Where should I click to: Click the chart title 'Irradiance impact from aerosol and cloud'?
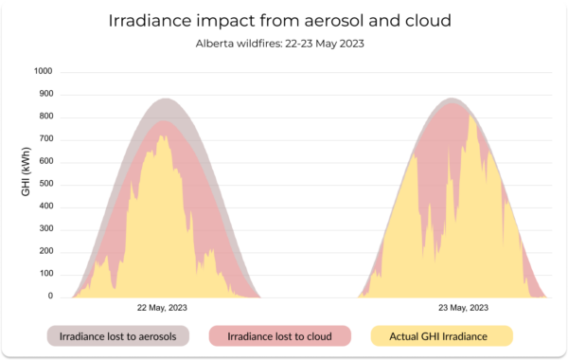[x=279, y=20]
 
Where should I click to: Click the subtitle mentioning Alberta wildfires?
[x=279, y=44]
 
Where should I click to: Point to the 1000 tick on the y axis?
[x=44, y=71]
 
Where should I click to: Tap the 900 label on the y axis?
[x=46, y=94]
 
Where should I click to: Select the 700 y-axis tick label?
[x=46, y=138]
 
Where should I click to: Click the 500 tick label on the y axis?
[x=46, y=184]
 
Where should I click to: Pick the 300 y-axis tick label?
[x=46, y=228]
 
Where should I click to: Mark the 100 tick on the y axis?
[x=46, y=274]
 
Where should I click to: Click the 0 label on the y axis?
[x=50, y=296]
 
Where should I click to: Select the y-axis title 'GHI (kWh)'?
[x=26, y=171]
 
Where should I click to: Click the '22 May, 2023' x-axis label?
[x=162, y=308]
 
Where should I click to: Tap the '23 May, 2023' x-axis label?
[x=463, y=308]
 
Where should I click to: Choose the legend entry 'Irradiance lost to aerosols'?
[x=118, y=336]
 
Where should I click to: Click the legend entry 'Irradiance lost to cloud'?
[x=279, y=336]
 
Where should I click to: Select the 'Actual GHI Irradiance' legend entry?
[x=441, y=336]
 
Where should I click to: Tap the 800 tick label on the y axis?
[x=46, y=116]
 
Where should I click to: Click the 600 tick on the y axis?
[x=46, y=161]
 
